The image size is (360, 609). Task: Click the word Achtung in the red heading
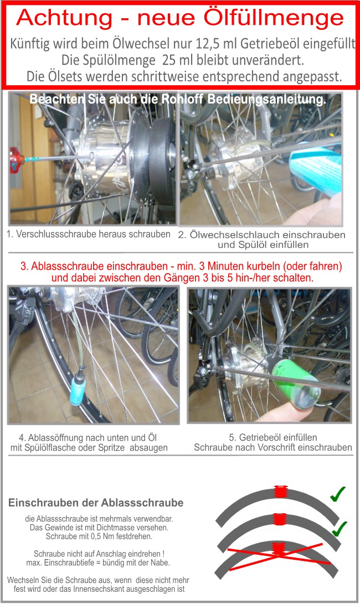tap(64, 18)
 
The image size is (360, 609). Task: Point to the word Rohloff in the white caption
tap(182, 99)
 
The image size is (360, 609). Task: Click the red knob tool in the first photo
tap(16, 159)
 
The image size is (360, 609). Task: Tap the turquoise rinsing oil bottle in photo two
tap(316, 169)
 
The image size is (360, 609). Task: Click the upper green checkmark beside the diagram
tap(337, 494)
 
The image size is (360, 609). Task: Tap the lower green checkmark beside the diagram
tap(339, 529)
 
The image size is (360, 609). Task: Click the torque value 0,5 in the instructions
tap(95, 537)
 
